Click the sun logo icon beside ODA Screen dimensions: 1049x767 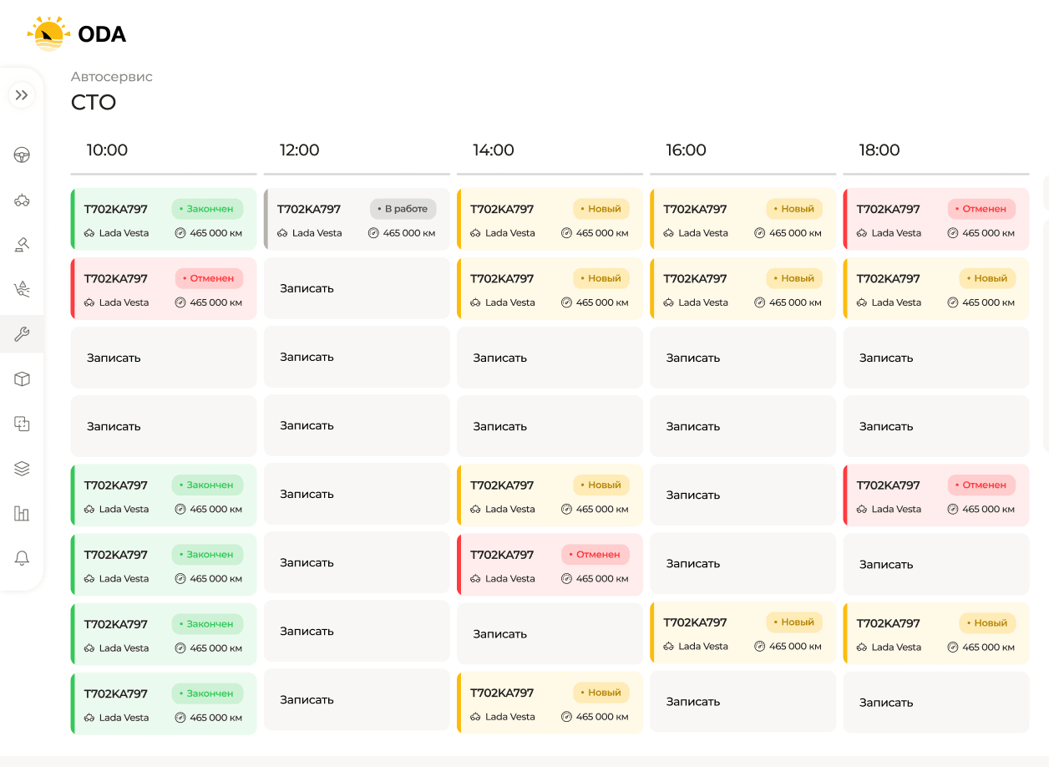pyautogui.click(x=48, y=33)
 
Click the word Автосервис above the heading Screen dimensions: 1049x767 pyautogui.click(x=111, y=77)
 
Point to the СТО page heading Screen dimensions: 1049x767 pyautogui.click(x=94, y=102)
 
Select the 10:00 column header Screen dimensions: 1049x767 pyautogui.click(x=107, y=150)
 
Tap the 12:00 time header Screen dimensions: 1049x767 pyautogui.click(x=299, y=150)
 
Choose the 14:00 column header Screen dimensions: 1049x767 pyautogui.click(x=493, y=150)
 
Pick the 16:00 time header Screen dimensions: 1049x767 pyautogui.click(x=686, y=150)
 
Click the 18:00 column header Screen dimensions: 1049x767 pyautogui.click(x=879, y=150)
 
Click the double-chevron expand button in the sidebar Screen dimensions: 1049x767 pyautogui.click(x=22, y=95)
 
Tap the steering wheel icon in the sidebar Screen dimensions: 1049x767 pyautogui.click(x=22, y=155)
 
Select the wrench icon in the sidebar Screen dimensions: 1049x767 pyautogui.click(x=22, y=334)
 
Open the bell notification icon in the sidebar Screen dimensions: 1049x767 pyautogui.click(x=22, y=558)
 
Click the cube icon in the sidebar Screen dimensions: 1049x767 pyautogui.click(x=22, y=379)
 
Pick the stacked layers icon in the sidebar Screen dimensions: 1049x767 pyautogui.click(x=22, y=469)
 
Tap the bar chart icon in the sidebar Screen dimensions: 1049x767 pyautogui.click(x=22, y=514)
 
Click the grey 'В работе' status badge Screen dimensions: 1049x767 pyautogui.click(x=403, y=209)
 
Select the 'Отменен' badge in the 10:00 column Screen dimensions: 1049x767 pyautogui.click(x=210, y=278)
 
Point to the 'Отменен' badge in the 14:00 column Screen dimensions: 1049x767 pyautogui.click(x=595, y=554)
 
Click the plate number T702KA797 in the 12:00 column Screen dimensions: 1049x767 pyautogui.click(x=309, y=209)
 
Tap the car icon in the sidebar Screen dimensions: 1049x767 pyautogui.click(x=22, y=200)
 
